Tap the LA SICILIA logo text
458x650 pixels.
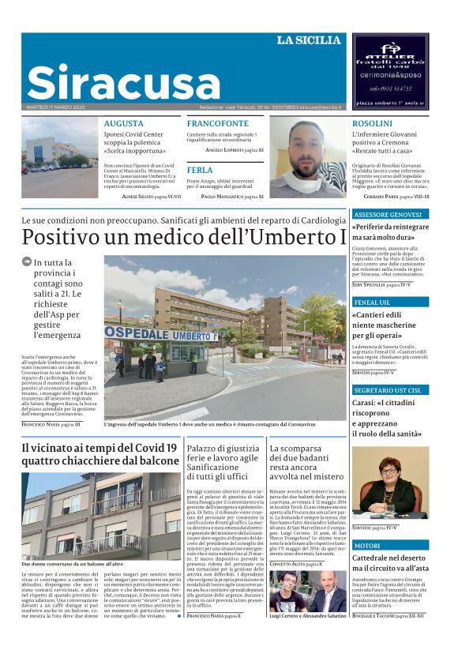pos(309,40)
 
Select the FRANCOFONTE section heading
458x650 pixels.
pos(217,124)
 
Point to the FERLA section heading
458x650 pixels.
pos(200,170)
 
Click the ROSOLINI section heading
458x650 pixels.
pos(372,124)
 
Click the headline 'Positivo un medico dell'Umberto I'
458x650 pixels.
pos(184,236)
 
